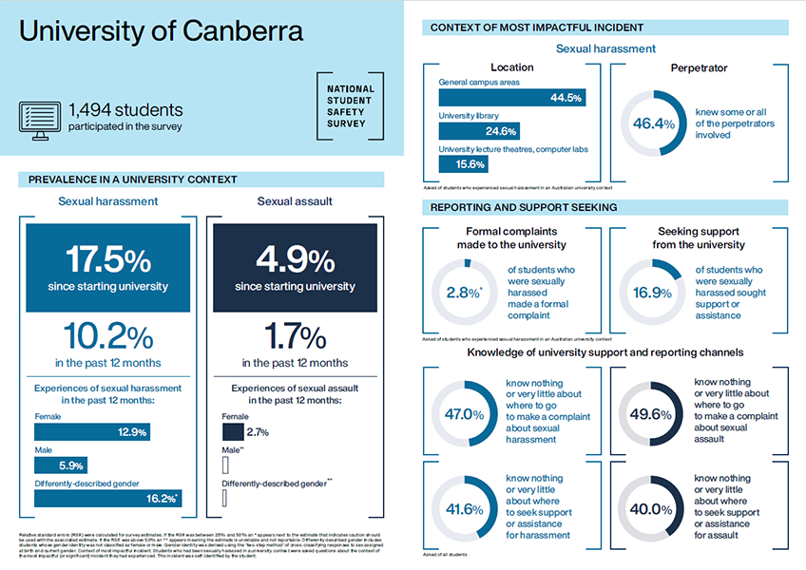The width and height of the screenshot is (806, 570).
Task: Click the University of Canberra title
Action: pyautogui.click(x=161, y=30)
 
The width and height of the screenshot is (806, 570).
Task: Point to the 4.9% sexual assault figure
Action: pyautogui.click(x=295, y=259)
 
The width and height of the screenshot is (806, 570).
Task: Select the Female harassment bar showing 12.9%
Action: pyautogui.click(x=93, y=432)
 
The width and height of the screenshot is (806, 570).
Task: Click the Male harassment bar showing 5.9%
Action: pyautogui.click(x=62, y=465)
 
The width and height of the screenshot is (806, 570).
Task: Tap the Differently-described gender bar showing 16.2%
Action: pyautogui.click(x=107, y=498)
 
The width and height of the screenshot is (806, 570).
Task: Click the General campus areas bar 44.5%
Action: pyautogui.click(x=511, y=98)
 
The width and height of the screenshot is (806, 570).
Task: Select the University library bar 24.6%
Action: pyautogui.click(x=479, y=131)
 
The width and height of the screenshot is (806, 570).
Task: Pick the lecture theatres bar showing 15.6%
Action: pyautogui.click(x=464, y=163)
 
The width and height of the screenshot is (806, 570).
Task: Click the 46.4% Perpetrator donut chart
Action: pyautogui.click(x=654, y=123)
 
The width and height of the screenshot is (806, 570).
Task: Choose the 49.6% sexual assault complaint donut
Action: pyautogui.click(x=654, y=414)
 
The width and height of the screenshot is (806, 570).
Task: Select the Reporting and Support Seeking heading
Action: pyautogui.click(x=524, y=207)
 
